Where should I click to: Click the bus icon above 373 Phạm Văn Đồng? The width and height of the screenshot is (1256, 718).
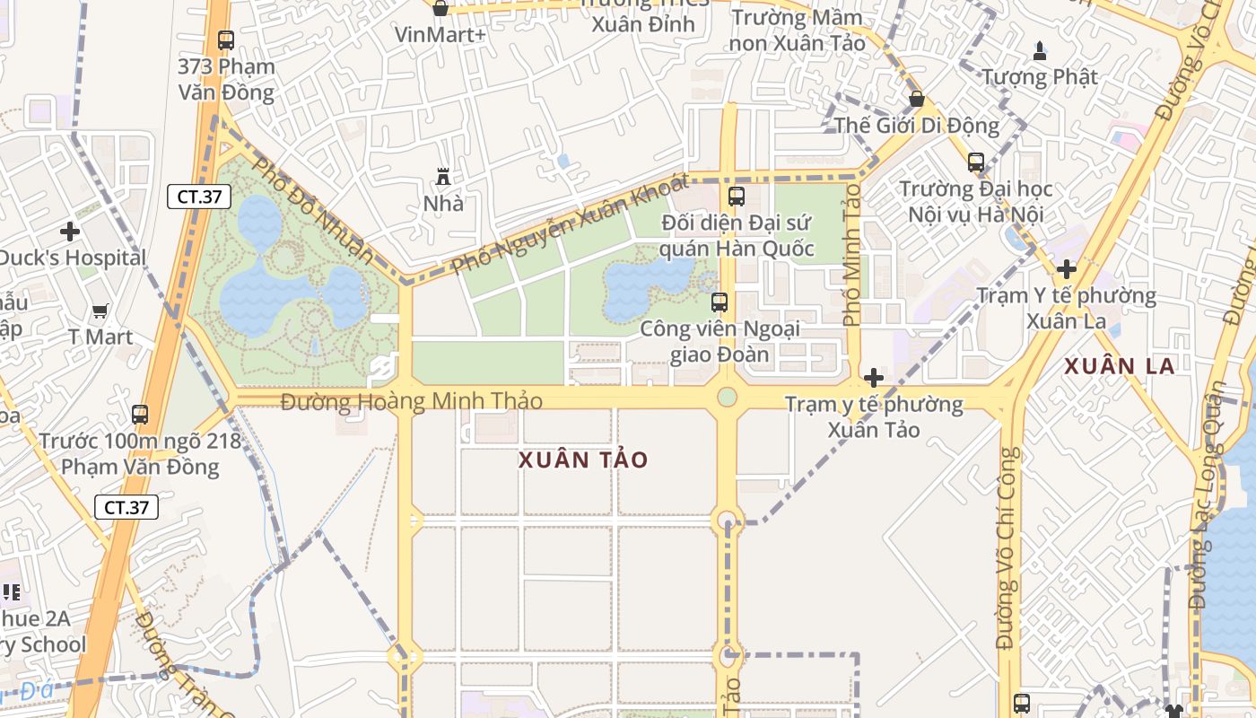(225, 40)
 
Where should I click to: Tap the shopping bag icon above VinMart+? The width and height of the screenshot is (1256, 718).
(440, 9)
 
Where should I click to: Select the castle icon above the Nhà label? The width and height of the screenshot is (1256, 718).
(442, 176)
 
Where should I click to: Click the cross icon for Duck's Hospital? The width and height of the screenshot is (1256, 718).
(70, 232)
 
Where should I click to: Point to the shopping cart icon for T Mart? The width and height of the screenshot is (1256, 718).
(100, 311)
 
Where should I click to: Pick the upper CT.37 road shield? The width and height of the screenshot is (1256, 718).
(199, 197)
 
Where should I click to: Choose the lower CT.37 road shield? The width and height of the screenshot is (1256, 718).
(126, 507)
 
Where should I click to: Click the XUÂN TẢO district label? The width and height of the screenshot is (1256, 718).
(583, 460)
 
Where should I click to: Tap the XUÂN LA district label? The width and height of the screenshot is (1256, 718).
(1119, 366)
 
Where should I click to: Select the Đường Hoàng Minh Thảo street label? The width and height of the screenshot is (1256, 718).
(412, 401)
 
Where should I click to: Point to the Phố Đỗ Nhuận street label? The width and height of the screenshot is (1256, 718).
(312, 210)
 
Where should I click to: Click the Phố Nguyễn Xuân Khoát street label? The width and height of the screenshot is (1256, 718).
(570, 224)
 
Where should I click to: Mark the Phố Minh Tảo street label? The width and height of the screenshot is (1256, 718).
(851, 254)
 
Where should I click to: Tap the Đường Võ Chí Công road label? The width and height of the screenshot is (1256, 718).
(1007, 547)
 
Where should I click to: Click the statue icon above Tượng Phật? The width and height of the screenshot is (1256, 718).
(1040, 50)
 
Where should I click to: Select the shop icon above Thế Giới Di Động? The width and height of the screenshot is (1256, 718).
(917, 99)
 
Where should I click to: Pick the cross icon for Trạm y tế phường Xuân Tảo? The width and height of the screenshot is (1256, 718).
(873, 378)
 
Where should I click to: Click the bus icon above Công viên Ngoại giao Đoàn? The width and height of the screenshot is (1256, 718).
(719, 302)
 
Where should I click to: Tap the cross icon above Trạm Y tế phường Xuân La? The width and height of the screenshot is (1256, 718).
(1066, 269)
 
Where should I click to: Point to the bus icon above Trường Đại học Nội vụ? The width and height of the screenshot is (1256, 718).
(976, 162)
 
